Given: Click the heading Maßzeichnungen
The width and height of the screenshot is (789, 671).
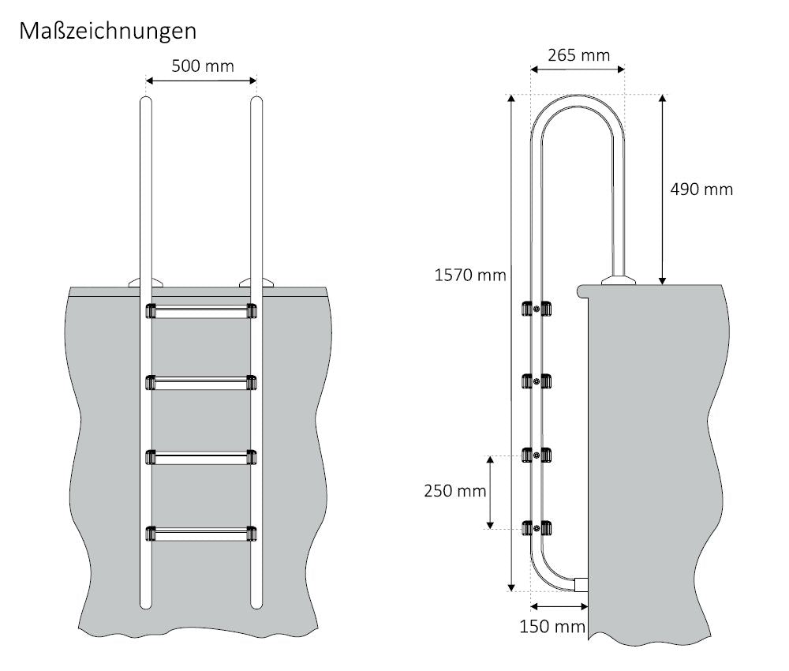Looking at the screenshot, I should point(108,31).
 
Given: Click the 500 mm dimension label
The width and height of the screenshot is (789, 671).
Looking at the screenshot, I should point(203,66).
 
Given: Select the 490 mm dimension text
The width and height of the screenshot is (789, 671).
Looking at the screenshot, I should point(701,189).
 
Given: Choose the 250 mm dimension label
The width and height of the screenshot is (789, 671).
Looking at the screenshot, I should point(454,491).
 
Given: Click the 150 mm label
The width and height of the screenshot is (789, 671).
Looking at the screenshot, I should point(552,627).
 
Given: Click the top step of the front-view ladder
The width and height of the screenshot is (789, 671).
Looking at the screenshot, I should point(201,311).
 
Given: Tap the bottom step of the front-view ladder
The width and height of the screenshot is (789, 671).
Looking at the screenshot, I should point(201,534).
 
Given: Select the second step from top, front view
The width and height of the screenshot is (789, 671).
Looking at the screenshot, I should point(201,383).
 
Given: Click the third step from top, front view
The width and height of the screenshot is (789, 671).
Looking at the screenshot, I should point(201,458).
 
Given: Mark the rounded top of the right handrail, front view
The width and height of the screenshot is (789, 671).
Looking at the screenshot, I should point(256,103).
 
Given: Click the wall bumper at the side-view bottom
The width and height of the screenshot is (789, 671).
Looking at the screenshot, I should point(581,584).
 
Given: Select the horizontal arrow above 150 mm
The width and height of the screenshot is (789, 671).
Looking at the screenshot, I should point(560,606).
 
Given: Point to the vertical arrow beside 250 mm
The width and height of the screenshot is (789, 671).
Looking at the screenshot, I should point(491,492).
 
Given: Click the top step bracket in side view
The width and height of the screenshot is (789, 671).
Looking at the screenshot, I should point(536,309).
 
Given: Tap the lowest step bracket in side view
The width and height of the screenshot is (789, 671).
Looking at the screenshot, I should point(536,527).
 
